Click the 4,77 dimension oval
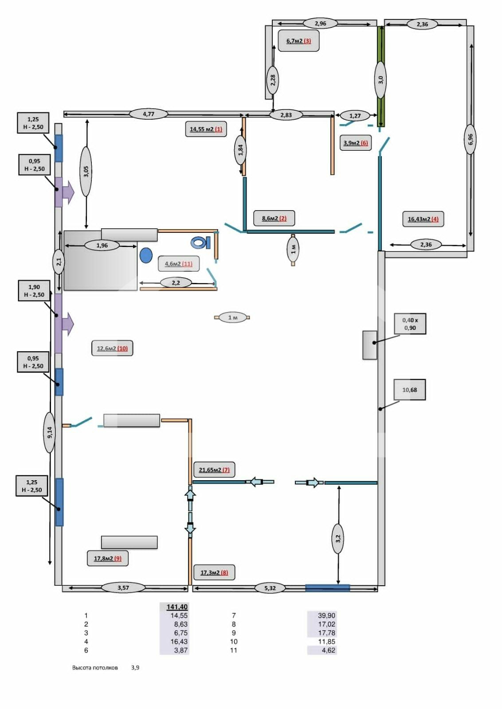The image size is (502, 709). pos(149,114)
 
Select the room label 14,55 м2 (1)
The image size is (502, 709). pos(206,129)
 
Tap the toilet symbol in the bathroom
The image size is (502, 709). pos(200,243)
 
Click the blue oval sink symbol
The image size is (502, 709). pos(146,255)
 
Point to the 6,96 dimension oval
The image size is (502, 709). pos(470,139)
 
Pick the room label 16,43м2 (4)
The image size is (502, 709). pos(423,219)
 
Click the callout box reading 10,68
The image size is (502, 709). pos(410,390)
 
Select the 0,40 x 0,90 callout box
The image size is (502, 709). pos(410,324)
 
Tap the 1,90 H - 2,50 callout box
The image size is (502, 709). pos(34,291)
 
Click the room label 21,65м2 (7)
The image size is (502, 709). pos(214,470)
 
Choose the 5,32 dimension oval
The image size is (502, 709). pos(270,588)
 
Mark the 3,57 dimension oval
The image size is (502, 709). pos(123,588)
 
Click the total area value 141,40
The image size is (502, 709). pos(177,607)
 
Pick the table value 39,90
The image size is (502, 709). pos(326,615)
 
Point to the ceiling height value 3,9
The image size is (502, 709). pos(135,667)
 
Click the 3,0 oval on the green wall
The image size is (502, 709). pos(380,80)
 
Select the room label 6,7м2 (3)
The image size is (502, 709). pos(298,41)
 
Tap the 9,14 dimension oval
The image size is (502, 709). pos(50,432)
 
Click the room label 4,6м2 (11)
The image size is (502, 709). pos(178,264)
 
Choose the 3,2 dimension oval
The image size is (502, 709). pos(338,538)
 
